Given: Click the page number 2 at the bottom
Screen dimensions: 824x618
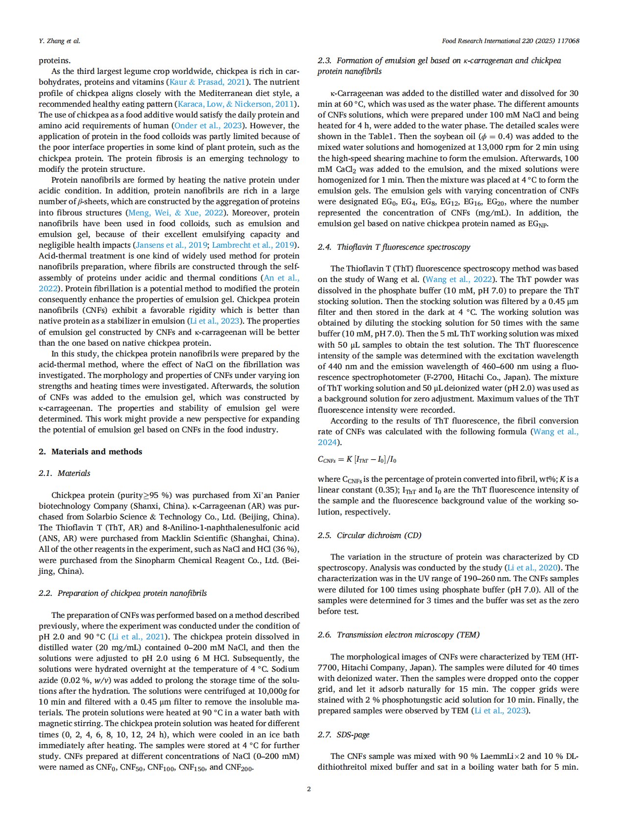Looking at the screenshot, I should click(309, 789).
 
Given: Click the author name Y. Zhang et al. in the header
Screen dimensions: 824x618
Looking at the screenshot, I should click(59, 41).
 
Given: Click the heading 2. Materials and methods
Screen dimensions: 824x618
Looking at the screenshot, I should click(91, 451).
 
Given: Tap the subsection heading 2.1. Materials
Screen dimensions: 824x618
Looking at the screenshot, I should click(65, 473).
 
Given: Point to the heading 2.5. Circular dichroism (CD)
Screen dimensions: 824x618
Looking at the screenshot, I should click(369, 535).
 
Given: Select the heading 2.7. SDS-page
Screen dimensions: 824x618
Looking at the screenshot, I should click(343, 734).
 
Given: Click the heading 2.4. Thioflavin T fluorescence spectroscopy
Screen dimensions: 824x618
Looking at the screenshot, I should click(394, 247).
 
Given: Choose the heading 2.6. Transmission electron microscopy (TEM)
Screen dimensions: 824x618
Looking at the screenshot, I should click(399, 635).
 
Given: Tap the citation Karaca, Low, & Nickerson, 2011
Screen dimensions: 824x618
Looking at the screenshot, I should click(238, 104).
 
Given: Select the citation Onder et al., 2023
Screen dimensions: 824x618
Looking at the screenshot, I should click(208, 125).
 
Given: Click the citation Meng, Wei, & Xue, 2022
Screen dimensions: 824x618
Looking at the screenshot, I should click(175, 212).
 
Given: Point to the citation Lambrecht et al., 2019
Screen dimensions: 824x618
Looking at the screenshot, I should click(254, 245).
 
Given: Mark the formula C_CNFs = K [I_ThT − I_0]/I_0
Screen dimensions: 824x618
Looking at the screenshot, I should click(357, 459).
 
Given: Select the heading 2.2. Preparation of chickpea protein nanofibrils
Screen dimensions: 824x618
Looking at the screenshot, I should click(122, 593).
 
